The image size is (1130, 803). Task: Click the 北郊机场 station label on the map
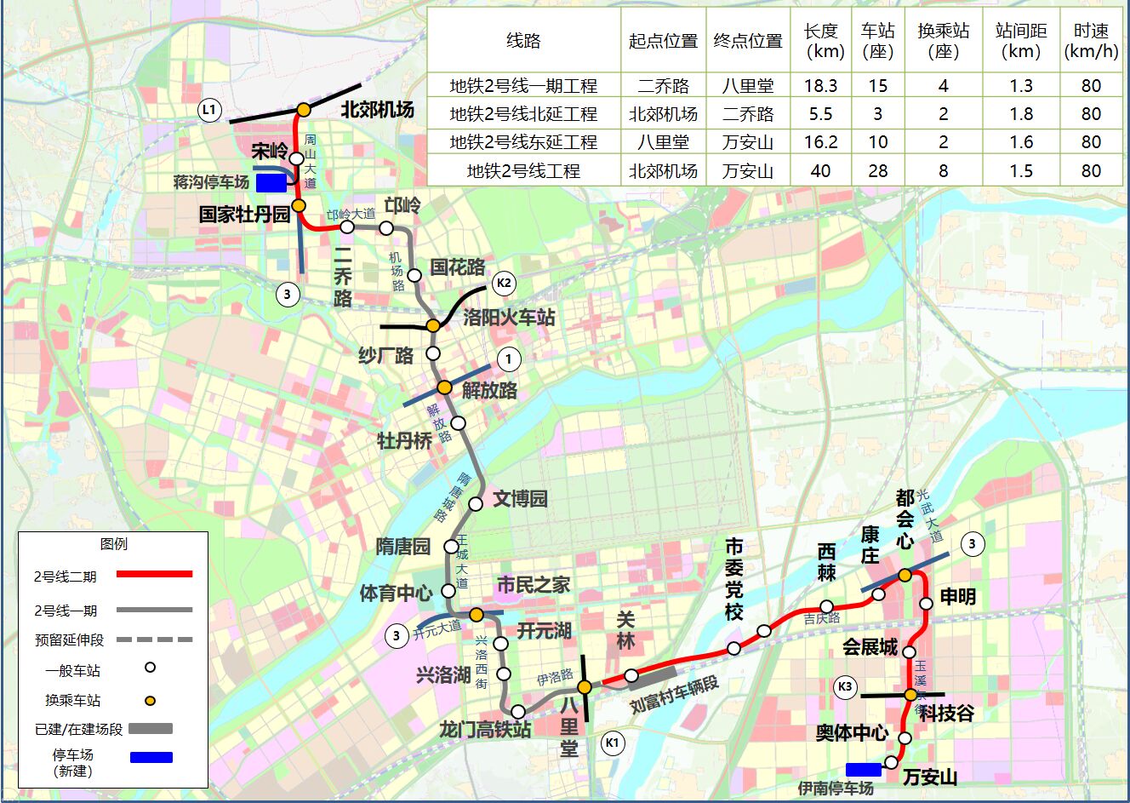tap(377, 109)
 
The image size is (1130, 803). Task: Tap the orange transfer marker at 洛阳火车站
tap(433, 325)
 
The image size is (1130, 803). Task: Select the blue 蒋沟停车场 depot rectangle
tap(271, 182)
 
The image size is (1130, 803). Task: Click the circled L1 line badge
tap(209, 110)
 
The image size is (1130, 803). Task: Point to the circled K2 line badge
tap(504, 284)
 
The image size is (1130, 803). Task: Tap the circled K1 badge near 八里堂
tap(612, 743)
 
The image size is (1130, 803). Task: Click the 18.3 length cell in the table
tap(821, 86)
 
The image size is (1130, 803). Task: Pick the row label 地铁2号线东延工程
tap(523, 142)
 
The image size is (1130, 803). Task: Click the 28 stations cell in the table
tap(877, 171)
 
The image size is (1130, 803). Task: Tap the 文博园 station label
tap(520, 498)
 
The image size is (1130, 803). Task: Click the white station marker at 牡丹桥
tap(459, 423)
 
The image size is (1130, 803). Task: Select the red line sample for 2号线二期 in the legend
tap(154, 575)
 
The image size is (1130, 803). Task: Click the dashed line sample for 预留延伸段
tap(154, 640)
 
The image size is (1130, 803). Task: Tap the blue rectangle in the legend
tap(151, 757)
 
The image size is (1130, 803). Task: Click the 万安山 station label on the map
tap(930, 777)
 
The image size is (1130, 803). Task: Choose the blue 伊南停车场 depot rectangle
tap(864, 770)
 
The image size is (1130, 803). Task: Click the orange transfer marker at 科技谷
tap(910, 695)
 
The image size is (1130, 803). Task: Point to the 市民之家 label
tap(534, 585)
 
